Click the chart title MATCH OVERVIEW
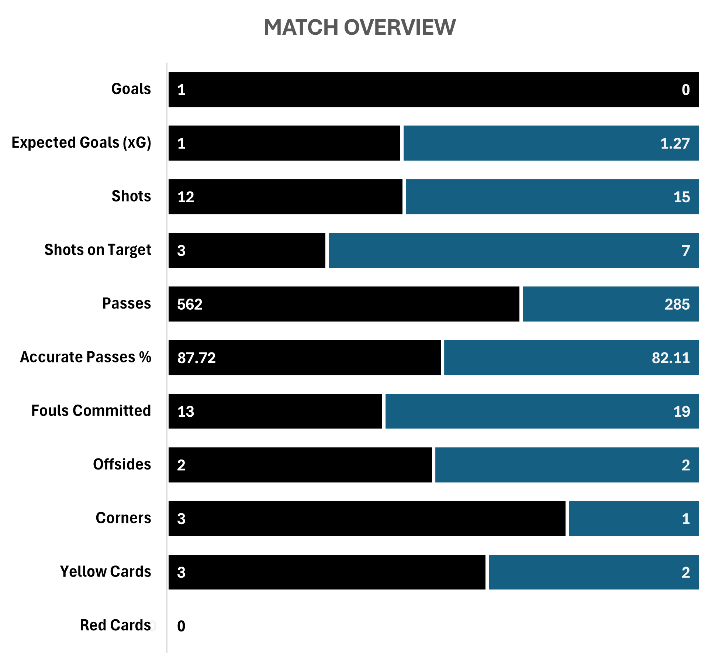click(360, 27)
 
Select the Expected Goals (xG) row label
click(82, 143)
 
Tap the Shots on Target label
click(98, 250)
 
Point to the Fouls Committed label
click(91, 411)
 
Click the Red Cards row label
click(115, 625)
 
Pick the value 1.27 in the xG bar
click(675, 143)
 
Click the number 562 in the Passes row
click(190, 304)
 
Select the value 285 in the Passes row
click(677, 304)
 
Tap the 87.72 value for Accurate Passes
click(196, 358)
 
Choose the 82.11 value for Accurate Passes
click(671, 358)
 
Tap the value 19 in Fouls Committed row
click(681, 411)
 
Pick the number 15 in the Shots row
click(681, 197)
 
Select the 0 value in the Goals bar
click(685, 90)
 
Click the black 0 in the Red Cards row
click(181, 626)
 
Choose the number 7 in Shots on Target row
click(685, 251)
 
